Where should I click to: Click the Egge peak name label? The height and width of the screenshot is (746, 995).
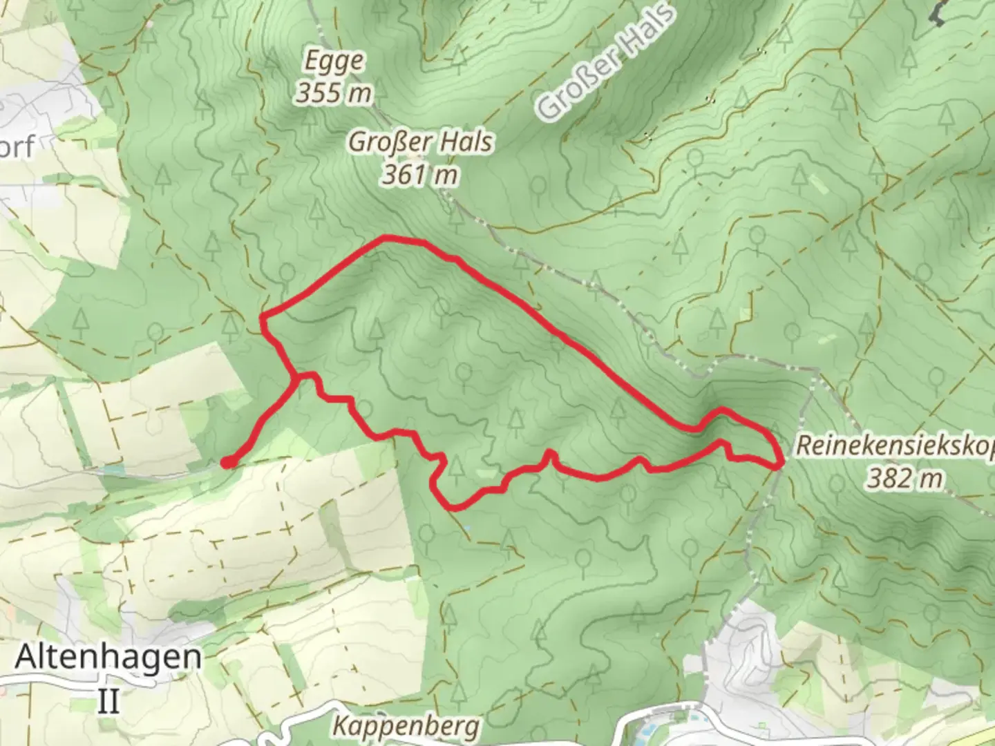[335, 61]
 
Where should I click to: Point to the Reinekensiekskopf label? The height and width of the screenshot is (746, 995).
[895, 446]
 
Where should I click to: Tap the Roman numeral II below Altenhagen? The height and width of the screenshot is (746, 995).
[108, 700]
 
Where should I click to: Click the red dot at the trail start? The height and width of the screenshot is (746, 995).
[227, 463]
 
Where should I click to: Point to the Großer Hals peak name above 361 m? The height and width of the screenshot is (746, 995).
[420, 142]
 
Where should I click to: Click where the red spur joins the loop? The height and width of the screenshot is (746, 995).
[296, 377]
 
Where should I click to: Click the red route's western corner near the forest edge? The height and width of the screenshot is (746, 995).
[263, 318]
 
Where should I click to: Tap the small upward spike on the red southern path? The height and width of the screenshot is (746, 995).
[551, 453]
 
